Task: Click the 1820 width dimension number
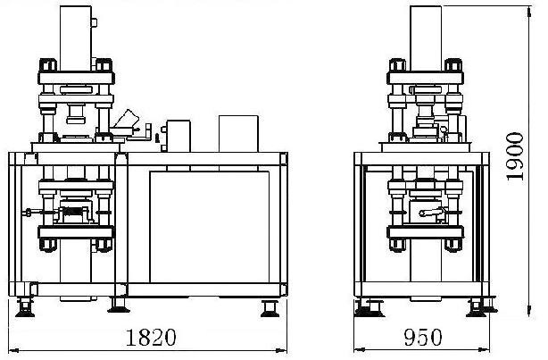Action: coord(151,338)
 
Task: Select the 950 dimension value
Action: coord(423,338)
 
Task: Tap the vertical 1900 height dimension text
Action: coord(514,156)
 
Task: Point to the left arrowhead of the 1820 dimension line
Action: coord(12,350)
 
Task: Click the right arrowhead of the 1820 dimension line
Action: coord(281,350)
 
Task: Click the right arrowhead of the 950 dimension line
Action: coord(484,349)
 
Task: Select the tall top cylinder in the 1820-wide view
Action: coord(76,38)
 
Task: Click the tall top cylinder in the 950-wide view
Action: coord(426,38)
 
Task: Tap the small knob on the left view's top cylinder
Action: coord(94,22)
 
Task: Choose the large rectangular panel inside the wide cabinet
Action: coord(210,227)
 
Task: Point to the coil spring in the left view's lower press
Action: coord(74,212)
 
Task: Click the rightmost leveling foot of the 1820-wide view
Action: coord(270,308)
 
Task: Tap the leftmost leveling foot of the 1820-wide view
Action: coord(25,308)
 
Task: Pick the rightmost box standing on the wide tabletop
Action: coord(238,134)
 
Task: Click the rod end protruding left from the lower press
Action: coord(28,212)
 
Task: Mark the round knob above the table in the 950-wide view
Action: coord(444,130)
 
